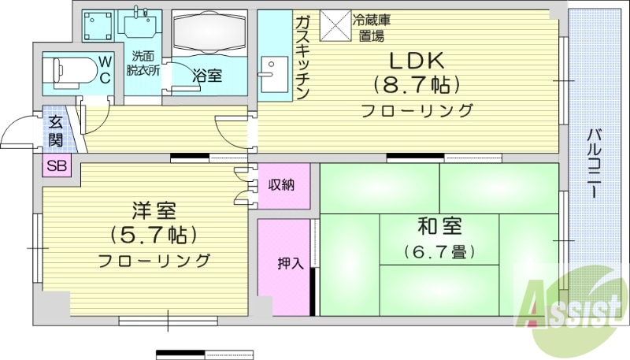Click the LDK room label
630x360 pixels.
click(x=417, y=60)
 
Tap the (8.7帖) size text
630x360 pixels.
click(x=417, y=84)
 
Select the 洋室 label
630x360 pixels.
click(x=154, y=210)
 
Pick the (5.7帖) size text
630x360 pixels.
click(x=154, y=235)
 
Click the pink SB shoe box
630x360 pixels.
click(x=56, y=165)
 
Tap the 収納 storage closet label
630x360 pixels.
click(x=281, y=186)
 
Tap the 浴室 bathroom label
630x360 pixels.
click(x=207, y=76)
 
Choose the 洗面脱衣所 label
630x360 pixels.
click(x=144, y=62)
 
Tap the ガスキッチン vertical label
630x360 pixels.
click(x=303, y=57)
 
